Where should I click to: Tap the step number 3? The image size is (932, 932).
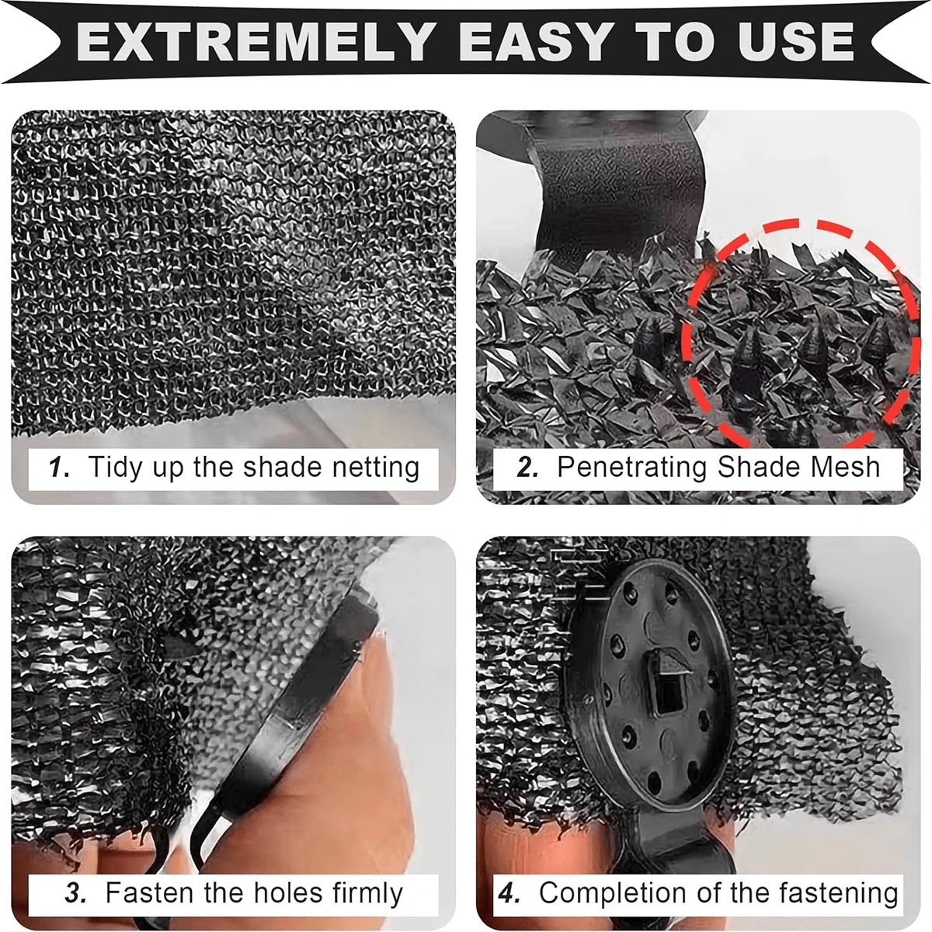pos(76,893)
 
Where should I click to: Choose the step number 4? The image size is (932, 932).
pos(509,893)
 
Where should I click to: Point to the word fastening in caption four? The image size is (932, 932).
pos(838,893)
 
